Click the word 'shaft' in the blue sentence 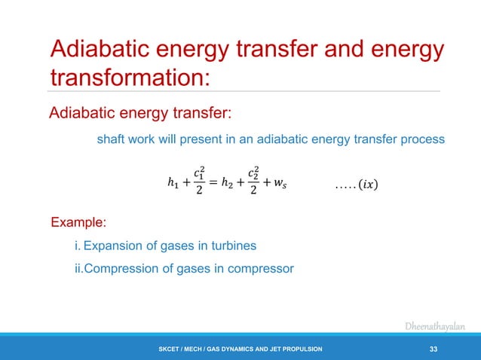point(111,139)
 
